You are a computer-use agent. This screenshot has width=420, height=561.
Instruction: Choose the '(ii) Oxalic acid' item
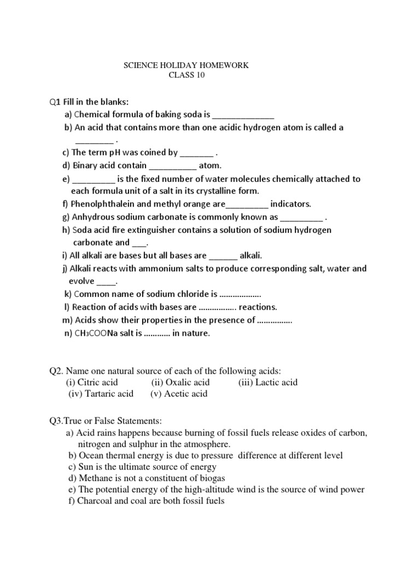click(180, 382)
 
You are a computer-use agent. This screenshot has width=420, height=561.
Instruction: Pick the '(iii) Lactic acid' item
click(268, 382)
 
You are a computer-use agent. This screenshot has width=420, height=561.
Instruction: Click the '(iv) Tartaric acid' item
click(101, 394)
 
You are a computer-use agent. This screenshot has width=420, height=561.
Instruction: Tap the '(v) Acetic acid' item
click(178, 394)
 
